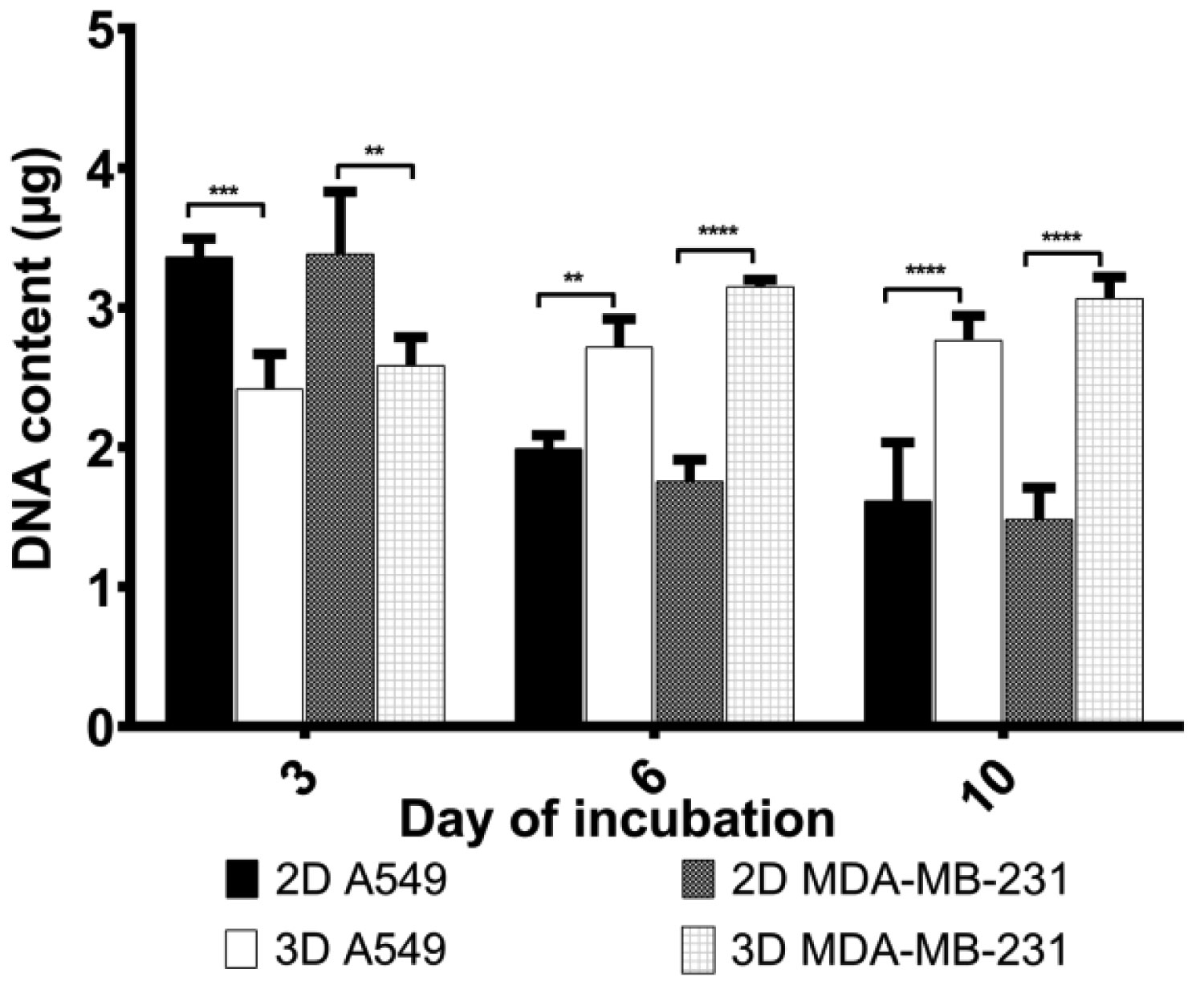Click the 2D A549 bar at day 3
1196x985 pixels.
199,490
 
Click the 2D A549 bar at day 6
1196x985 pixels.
548,585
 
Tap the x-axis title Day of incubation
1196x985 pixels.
617,820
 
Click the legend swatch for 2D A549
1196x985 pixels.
241,881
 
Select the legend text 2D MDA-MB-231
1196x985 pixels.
900,881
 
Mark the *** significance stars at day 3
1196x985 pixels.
226,192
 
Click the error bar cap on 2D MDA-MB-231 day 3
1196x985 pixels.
340,191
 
